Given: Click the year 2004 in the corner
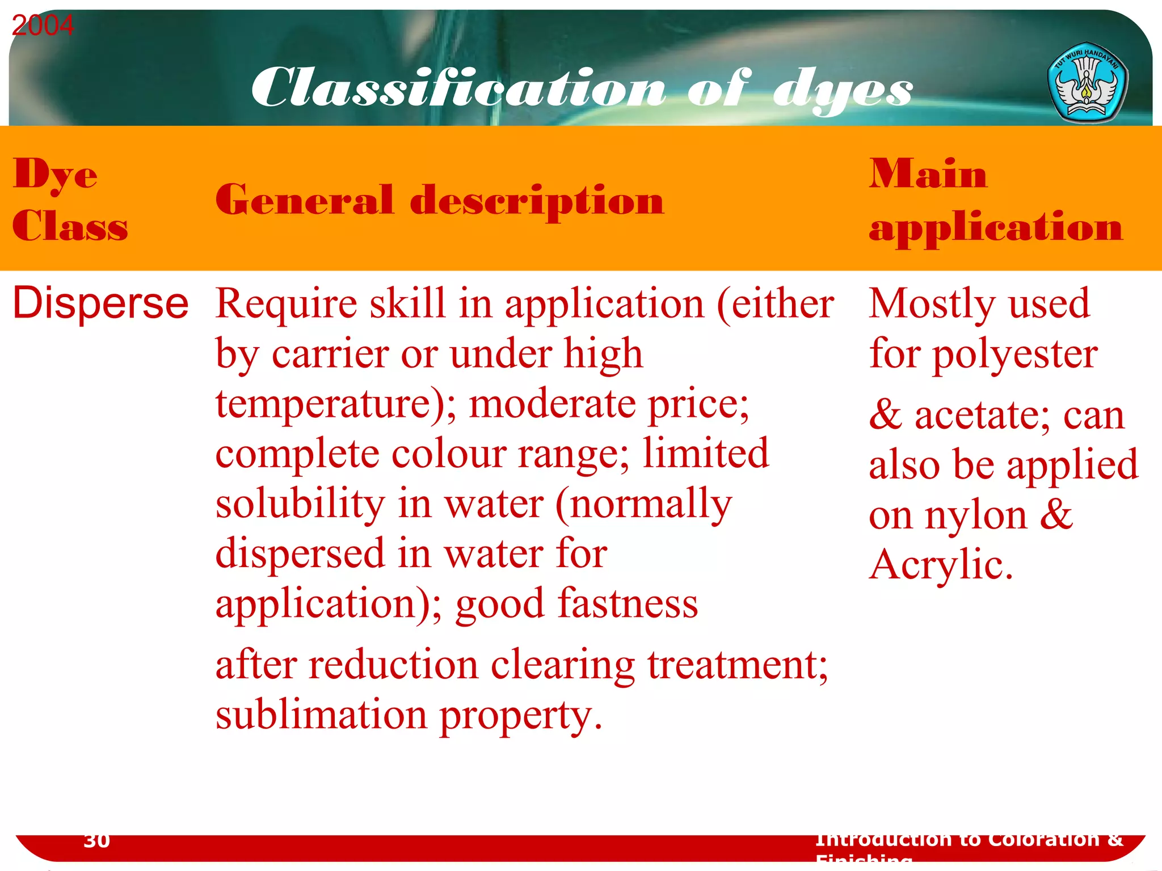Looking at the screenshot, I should point(43,26).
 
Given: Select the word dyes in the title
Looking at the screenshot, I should point(842,90).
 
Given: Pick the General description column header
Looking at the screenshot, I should point(439,201).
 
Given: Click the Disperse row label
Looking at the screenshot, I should point(100,303).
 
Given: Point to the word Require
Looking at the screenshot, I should point(287,305).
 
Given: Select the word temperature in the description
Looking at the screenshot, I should point(330,405).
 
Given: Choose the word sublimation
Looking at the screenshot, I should point(321,715).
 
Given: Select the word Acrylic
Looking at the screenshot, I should point(941,565).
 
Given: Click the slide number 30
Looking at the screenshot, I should point(96,840).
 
